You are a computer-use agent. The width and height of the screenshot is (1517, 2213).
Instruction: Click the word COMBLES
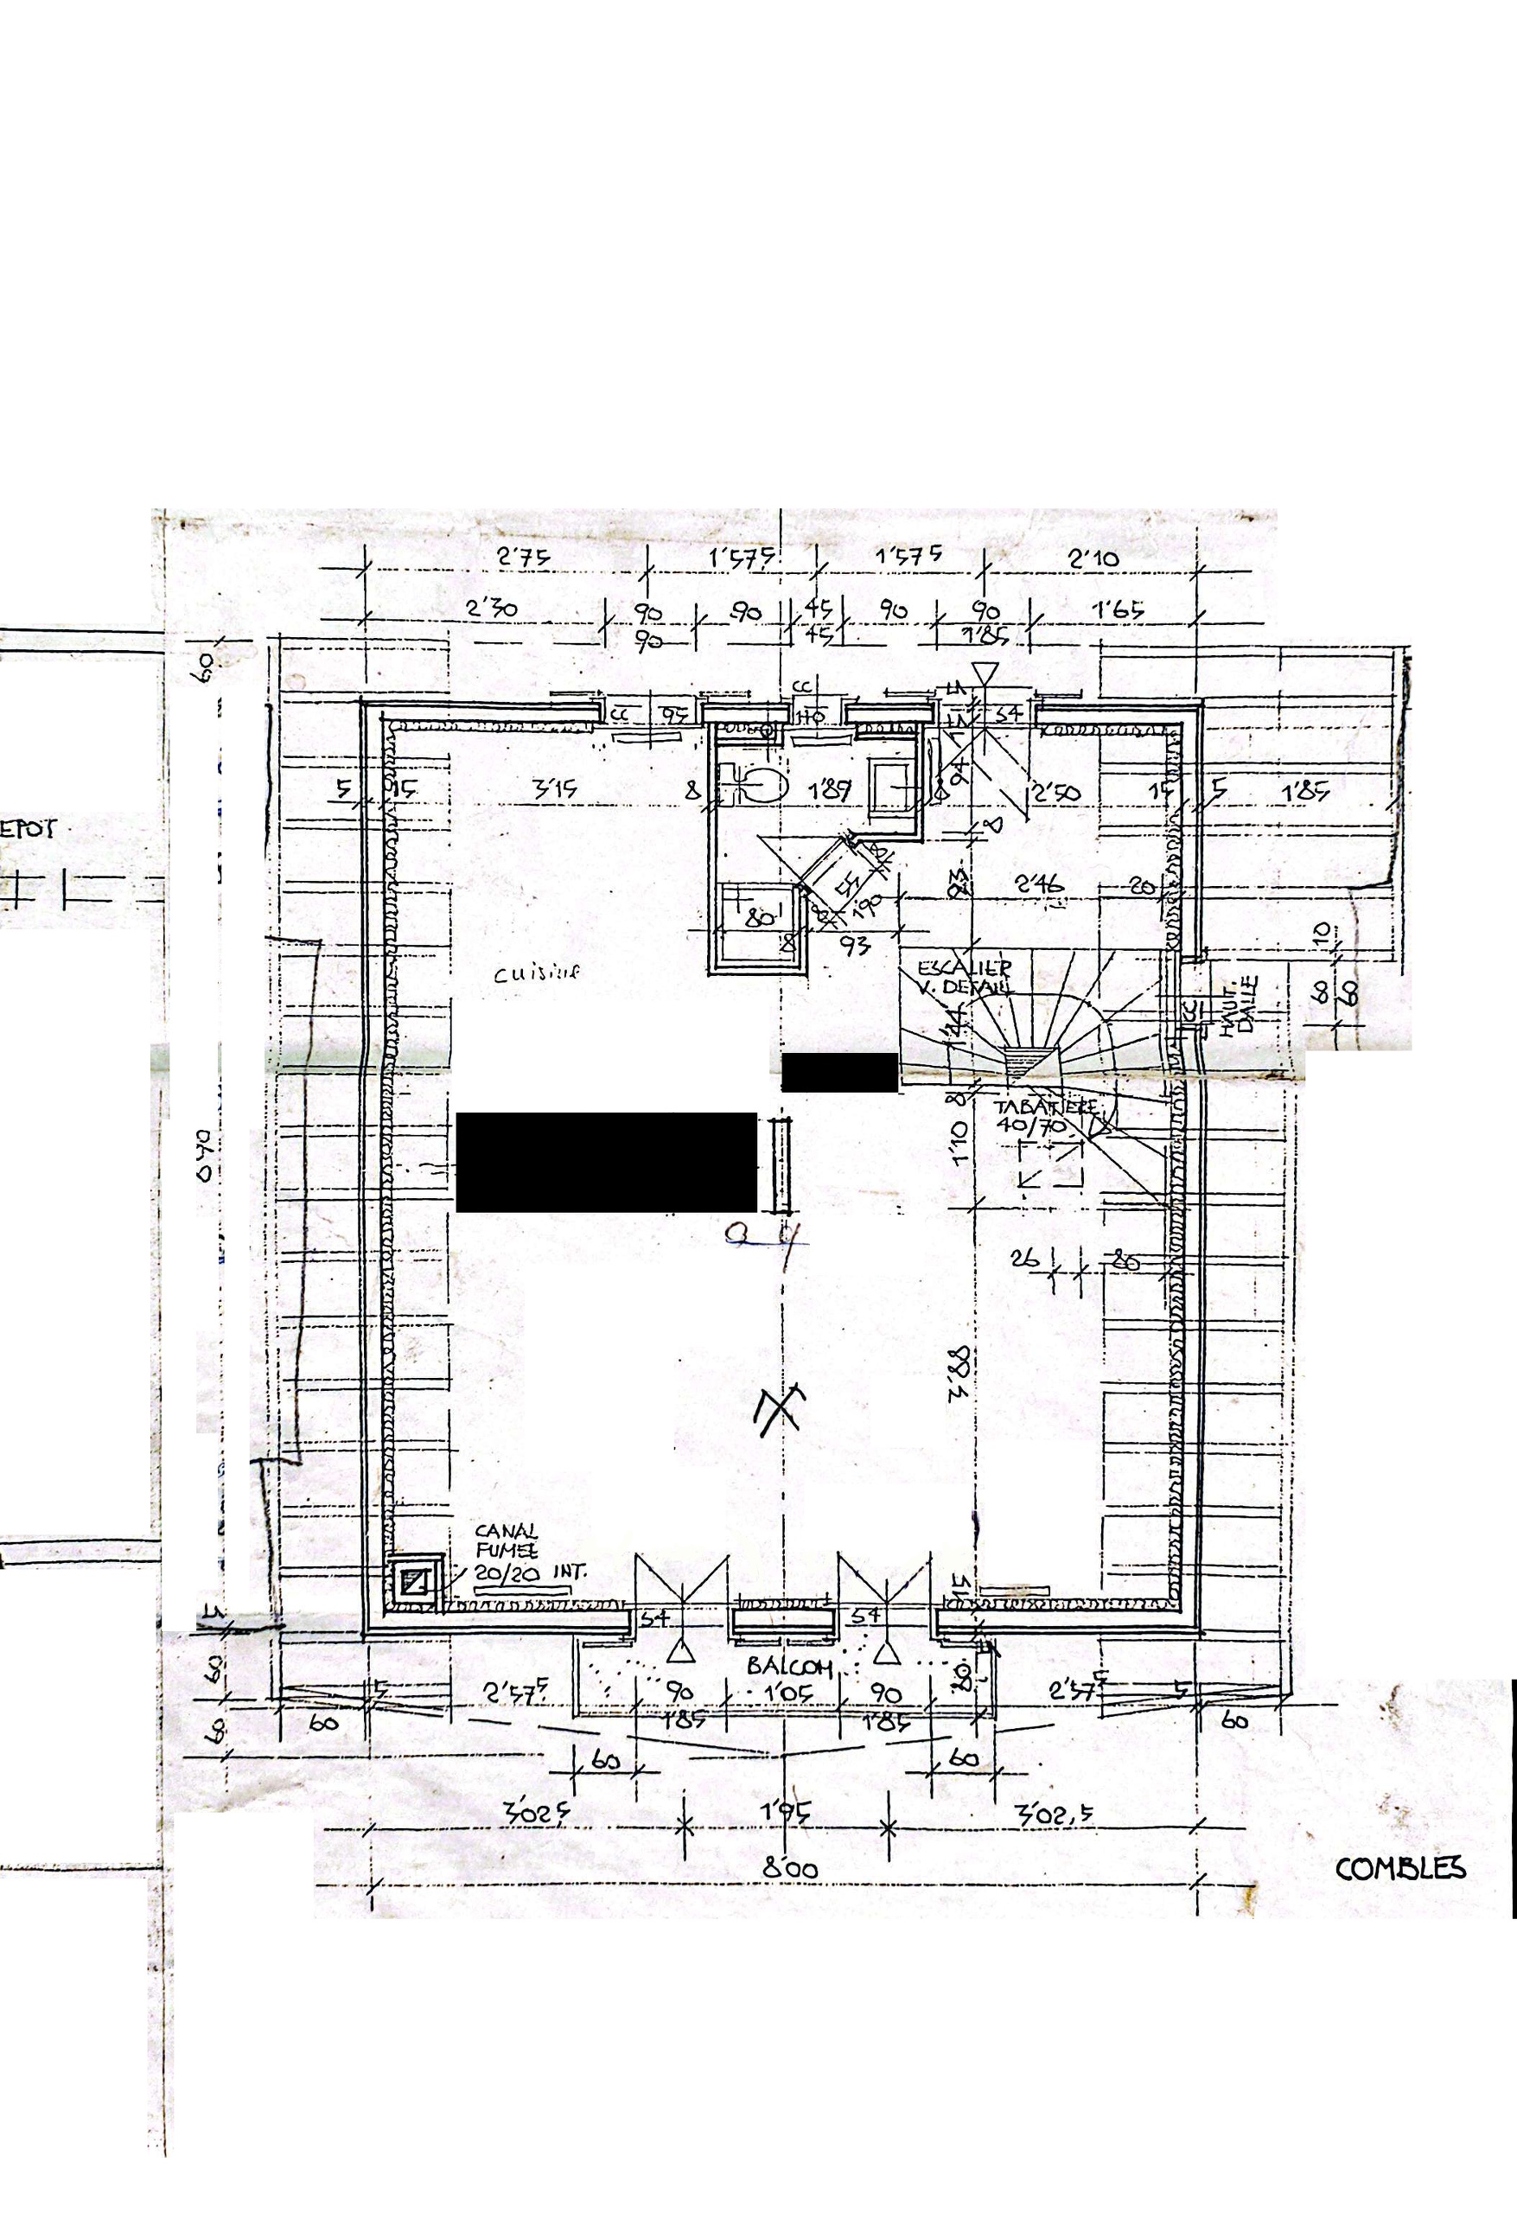(1399, 1868)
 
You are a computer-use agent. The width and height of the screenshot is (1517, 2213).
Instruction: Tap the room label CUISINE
(536, 973)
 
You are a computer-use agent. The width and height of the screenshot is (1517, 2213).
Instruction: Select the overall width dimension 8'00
(789, 1869)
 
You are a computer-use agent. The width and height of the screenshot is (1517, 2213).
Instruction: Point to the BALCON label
(789, 1666)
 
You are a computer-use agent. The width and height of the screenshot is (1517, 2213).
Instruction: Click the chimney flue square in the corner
(416, 1583)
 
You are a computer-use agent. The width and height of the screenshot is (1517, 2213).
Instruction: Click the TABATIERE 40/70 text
(1046, 1116)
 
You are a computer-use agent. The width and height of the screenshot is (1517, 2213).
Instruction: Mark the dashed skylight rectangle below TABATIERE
(1050, 1165)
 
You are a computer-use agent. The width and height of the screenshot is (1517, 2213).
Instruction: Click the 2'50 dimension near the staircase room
(1056, 792)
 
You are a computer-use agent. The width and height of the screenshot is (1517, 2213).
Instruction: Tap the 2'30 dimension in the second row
(493, 608)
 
